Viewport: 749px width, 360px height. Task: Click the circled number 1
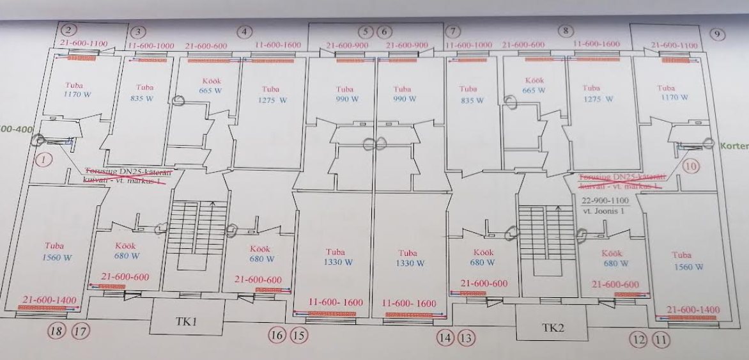(x=43, y=160)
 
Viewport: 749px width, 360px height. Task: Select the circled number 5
(x=366, y=31)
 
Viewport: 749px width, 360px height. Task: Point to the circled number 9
(x=718, y=35)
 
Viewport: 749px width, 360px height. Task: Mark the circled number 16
(x=277, y=334)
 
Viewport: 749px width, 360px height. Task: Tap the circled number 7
(x=452, y=31)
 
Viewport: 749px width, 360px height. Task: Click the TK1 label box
(x=187, y=321)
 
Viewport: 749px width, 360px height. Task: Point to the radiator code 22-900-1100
(x=605, y=200)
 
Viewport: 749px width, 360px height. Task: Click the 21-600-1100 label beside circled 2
(x=84, y=43)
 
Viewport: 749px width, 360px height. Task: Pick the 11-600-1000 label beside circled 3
(x=151, y=46)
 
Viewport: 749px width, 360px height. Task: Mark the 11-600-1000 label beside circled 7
(x=468, y=45)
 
